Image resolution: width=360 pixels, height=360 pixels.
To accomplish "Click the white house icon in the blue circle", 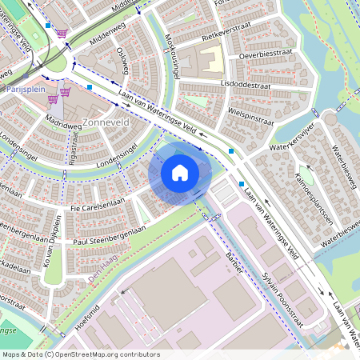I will point(180,172).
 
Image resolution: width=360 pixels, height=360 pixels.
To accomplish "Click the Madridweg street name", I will point(64,123).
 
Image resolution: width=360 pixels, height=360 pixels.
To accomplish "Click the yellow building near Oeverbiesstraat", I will point(210,61).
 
